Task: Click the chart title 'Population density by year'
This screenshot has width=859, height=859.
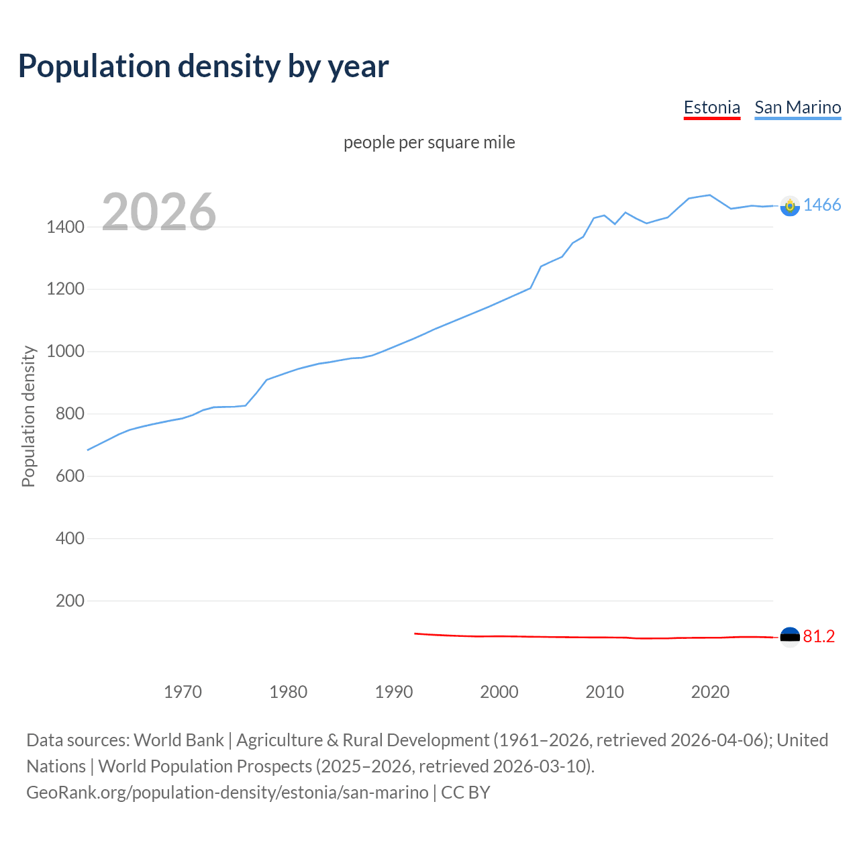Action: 203,66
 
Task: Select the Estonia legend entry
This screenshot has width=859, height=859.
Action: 711,107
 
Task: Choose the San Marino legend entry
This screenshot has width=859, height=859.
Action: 797,107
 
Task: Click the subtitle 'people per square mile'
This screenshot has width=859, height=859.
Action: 429,142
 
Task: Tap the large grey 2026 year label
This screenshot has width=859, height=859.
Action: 159,212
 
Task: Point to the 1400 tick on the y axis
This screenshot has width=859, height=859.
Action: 65,227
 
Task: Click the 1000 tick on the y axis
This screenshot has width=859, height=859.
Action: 65,352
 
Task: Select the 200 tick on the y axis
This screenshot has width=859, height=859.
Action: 70,601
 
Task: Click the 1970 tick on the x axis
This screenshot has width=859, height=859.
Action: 183,692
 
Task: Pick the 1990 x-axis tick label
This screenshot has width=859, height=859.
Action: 394,692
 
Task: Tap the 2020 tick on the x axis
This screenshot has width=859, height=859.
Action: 710,692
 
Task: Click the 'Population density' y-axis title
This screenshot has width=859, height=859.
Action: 28,416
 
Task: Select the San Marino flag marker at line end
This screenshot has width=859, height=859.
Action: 790,206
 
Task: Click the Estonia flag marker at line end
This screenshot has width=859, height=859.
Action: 790,636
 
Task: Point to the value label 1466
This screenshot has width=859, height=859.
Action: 821,205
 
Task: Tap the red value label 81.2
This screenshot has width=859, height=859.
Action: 819,636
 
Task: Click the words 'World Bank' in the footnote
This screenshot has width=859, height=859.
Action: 179,740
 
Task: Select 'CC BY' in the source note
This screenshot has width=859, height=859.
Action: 465,793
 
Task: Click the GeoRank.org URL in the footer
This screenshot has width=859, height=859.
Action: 227,793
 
